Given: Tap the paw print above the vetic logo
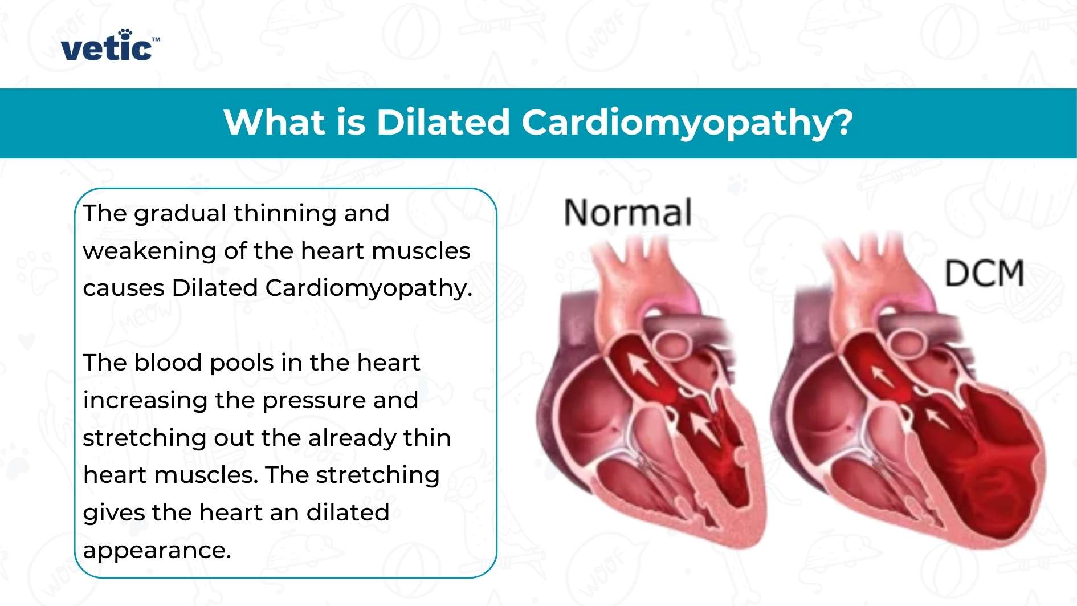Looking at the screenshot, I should pos(125,34).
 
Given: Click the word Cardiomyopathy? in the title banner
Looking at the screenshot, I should pos(687,123).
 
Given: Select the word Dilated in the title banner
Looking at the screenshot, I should pos(443,123).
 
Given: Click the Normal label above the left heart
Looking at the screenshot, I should pos(628,213).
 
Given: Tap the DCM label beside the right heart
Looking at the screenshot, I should pos(984,274).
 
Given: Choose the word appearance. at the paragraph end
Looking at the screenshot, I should pos(157,550).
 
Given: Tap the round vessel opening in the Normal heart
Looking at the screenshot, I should pos(671,343).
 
